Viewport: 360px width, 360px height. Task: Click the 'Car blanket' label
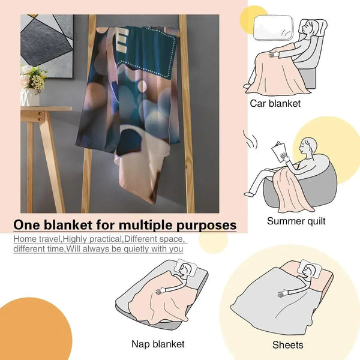click(x=275, y=104)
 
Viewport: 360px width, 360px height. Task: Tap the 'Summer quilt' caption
click(x=296, y=221)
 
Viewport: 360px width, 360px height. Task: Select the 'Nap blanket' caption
click(x=158, y=344)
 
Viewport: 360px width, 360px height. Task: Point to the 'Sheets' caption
click(x=287, y=345)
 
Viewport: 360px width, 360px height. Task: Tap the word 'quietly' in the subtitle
click(x=139, y=249)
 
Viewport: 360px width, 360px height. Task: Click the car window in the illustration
click(x=274, y=28)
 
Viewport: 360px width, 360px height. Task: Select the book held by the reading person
click(x=278, y=152)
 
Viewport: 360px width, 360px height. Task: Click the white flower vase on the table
click(x=30, y=97)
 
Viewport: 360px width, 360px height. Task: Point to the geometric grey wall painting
click(x=47, y=46)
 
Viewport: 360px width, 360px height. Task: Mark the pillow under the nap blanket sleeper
click(x=186, y=268)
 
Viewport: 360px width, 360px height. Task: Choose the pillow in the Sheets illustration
click(x=310, y=268)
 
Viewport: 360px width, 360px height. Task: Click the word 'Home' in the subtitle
click(x=25, y=239)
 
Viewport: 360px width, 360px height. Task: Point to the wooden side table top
click(x=46, y=109)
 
